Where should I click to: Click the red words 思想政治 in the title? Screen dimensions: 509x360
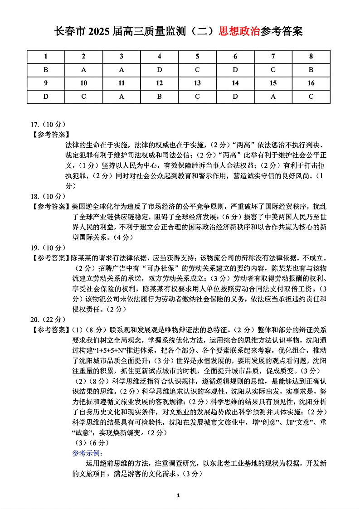[239, 31]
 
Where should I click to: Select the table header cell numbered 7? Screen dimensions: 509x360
[273, 57]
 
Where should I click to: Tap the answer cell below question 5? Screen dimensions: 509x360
[197, 70]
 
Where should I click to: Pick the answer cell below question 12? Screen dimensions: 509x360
[159, 97]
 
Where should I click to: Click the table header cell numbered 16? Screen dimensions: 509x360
[311, 83]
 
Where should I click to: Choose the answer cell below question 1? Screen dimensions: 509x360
[46, 70]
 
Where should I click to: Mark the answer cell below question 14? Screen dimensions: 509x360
[235, 97]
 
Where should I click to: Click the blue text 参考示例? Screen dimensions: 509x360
[88, 453]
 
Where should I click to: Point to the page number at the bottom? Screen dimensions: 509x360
[180, 495]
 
